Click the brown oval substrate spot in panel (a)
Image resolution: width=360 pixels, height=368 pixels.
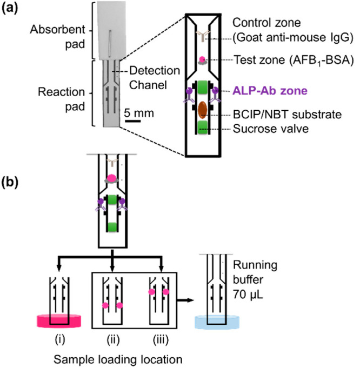pos(201,109)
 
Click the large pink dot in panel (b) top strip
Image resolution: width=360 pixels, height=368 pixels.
pos(112,178)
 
